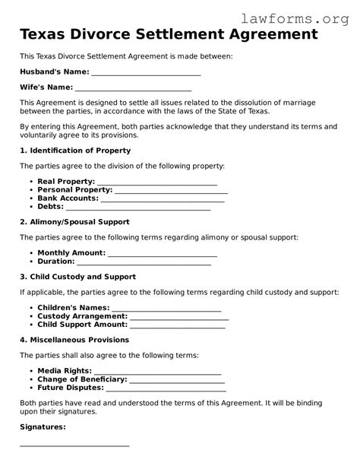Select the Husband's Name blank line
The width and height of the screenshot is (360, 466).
[145, 74]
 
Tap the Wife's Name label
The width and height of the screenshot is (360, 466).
[46, 87]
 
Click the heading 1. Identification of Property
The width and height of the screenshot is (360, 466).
[75, 151]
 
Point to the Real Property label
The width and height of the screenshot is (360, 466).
[66, 182]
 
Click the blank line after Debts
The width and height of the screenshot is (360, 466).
[138, 208]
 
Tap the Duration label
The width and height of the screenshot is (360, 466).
[55, 262]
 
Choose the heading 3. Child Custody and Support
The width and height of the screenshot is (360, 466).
[77, 277]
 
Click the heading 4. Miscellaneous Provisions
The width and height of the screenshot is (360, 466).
[74, 340]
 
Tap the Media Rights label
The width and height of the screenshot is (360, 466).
[65, 371]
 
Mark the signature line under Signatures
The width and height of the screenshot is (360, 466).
[74, 445]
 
